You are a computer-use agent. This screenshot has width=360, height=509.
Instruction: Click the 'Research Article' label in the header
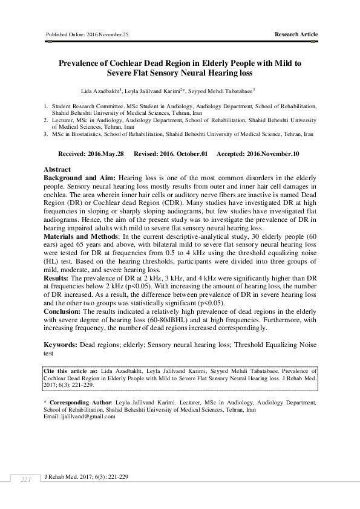296,34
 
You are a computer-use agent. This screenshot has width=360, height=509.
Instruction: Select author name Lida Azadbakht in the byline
106,91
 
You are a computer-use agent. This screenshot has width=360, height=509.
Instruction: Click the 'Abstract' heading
58,170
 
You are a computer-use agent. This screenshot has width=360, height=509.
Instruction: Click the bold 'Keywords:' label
62,344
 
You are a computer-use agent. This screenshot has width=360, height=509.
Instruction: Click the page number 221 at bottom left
25,479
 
